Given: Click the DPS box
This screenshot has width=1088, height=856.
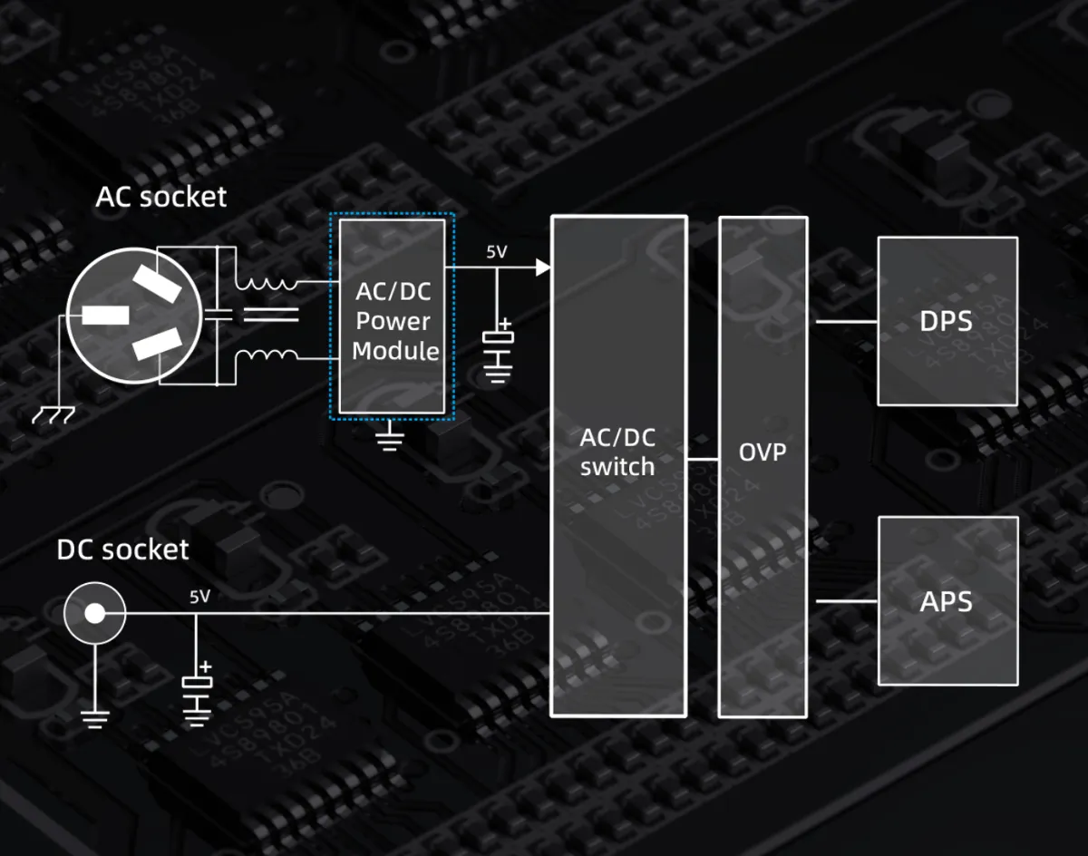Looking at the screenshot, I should pyautogui.click(x=947, y=321).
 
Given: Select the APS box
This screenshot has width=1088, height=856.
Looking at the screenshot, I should pyautogui.click(x=947, y=601).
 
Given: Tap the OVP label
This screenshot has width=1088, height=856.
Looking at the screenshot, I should pyautogui.click(x=763, y=451).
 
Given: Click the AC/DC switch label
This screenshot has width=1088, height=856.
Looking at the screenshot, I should pyautogui.click(x=617, y=452).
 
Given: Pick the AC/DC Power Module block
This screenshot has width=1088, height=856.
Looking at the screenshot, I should pyautogui.click(x=392, y=315).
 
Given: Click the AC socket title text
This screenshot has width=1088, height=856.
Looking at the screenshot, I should pyautogui.click(x=161, y=196).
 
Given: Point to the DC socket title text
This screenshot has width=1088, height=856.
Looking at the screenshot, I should pyautogui.click(x=122, y=550).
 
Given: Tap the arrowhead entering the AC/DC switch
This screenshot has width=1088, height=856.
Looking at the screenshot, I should pyautogui.click(x=543, y=267).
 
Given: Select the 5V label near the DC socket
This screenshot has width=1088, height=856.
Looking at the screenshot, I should pyautogui.click(x=199, y=597).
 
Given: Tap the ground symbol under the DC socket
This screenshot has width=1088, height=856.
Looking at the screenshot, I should pyautogui.click(x=93, y=718).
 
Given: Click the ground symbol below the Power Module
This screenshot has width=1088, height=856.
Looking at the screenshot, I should pyautogui.click(x=390, y=441).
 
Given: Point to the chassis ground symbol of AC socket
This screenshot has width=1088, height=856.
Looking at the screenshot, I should pyautogui.click(x=53, y=415).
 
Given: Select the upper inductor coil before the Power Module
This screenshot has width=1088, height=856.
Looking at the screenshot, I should pyautogui.click(x=265, y=282).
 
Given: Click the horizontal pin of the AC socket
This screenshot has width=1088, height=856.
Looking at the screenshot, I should pyautogui.click(x=105, y=316).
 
